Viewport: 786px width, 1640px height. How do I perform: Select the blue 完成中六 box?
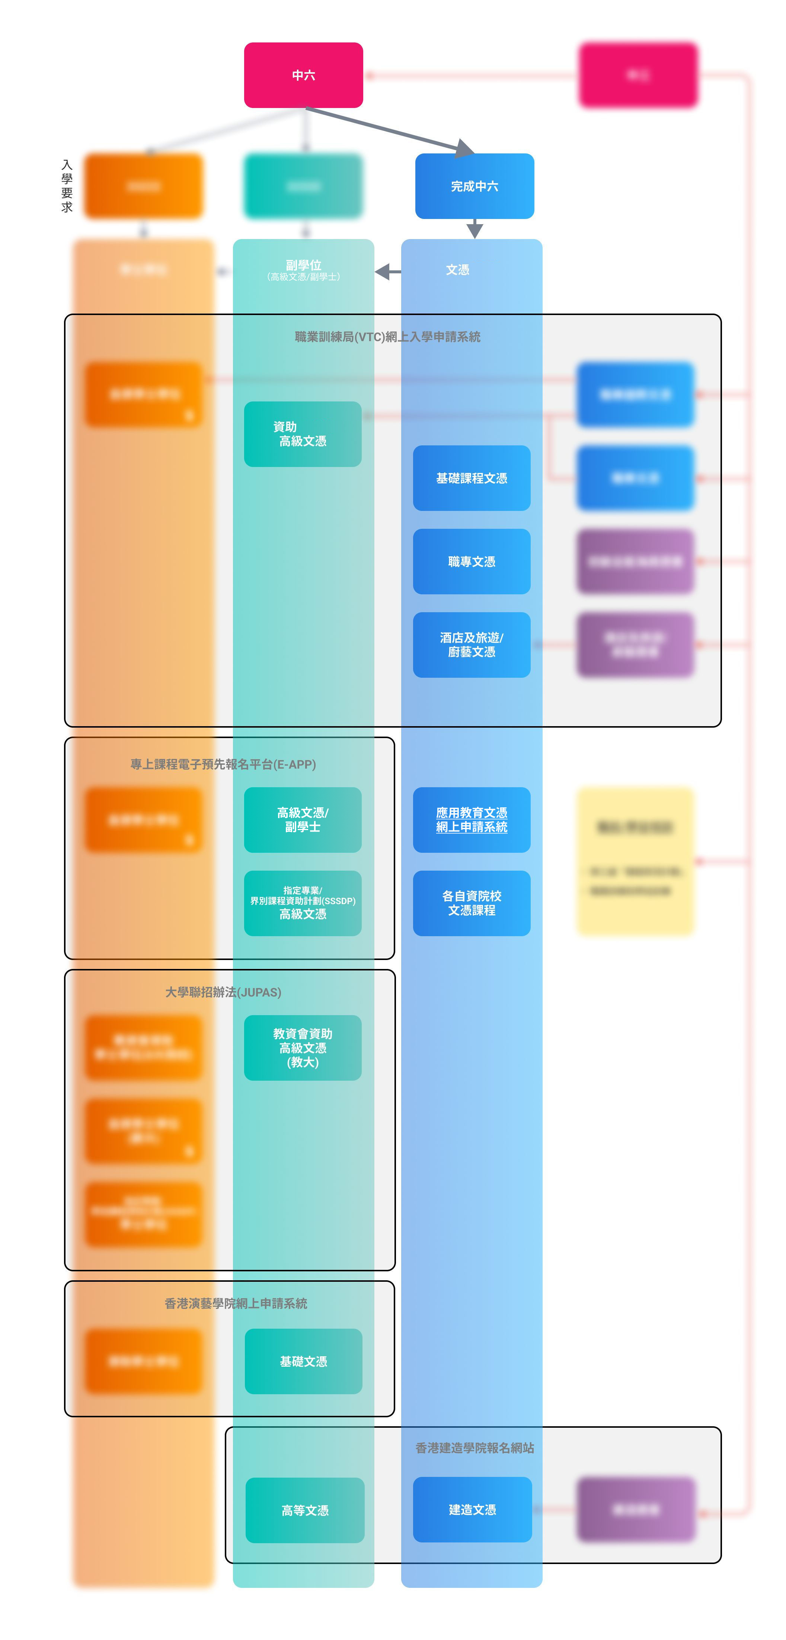coord(474,186)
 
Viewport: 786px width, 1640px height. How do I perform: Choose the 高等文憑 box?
coord(305,1510)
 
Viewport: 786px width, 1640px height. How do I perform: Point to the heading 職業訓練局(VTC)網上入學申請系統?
coord(387,337)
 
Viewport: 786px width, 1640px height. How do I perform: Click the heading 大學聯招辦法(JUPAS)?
coord(223,992)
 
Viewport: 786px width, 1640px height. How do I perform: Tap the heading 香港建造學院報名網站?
coord(474,1448)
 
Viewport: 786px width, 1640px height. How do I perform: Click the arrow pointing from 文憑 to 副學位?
coord(387,272)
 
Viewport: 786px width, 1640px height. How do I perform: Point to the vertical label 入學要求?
coord(67,186)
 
